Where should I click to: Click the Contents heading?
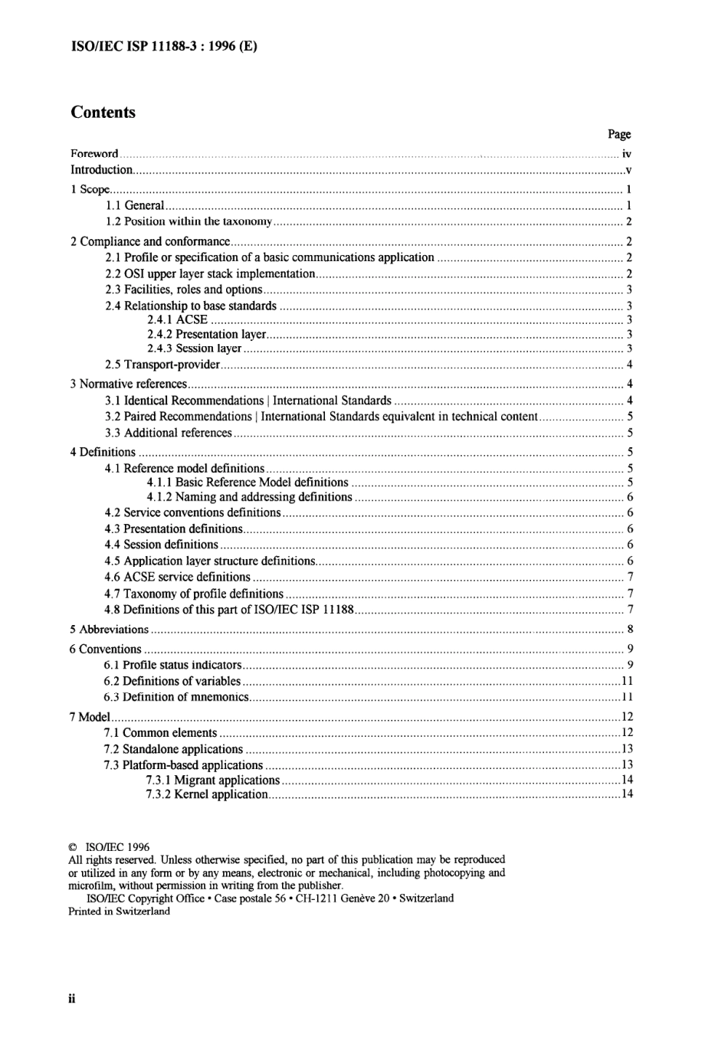(x=103, y=113)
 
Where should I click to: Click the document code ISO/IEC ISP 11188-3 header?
(x=164, y=46)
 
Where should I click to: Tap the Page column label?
(x=619, y=134)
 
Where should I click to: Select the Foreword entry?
(x=94, y=154)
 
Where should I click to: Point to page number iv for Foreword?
(x=626, y=154)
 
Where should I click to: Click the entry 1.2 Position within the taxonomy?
(x=189, y=221)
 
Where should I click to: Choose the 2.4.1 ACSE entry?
(x=177, y=320)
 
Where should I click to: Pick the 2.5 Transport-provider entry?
(x=162, y=365)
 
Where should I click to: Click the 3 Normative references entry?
(x=129, y=385)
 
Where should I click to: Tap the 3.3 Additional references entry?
(x=169, y=433)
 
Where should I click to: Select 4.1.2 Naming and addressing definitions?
(x=249, y=497)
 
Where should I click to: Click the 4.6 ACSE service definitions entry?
(x=178, y=578)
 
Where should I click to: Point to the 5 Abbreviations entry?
(x=109, y=630)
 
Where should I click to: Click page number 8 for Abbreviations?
(x=630, y=630)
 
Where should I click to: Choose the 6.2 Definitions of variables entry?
(x=172, y=682)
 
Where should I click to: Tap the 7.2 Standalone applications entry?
(x=173, y=749)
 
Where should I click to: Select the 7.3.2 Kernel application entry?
(x=206, y=794)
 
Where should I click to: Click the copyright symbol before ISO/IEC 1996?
(x=73, y=848)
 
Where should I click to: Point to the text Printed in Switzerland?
(x=119, y=911)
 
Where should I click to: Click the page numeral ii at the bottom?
(x=72, y=999)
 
